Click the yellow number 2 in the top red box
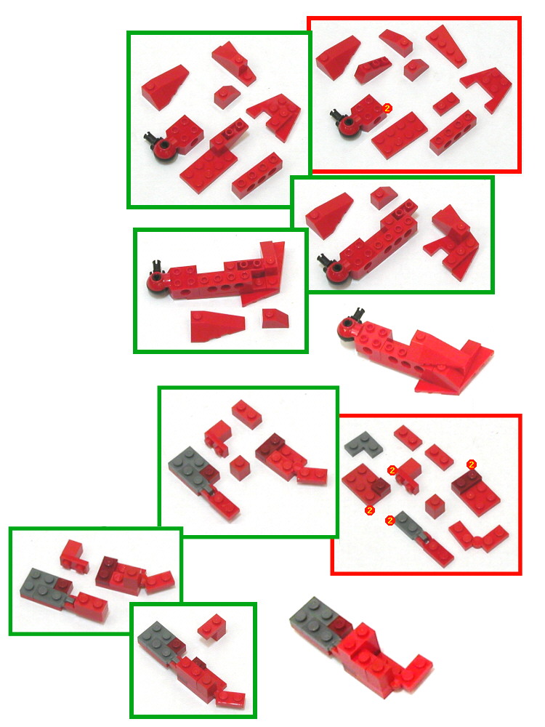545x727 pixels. coord(387,108)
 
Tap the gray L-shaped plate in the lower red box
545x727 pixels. coord(358,444)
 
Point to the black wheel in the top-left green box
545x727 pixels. coord(163,149)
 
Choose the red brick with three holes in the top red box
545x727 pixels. coord(453,132)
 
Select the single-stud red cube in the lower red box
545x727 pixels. coord(434,503)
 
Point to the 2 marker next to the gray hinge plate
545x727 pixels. coord(390,519)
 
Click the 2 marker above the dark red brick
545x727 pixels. coord(472,464)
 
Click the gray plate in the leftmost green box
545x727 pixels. coord(43,584)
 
